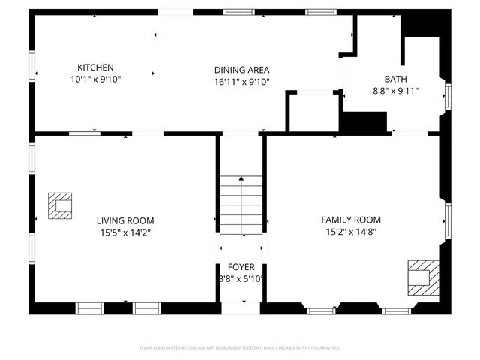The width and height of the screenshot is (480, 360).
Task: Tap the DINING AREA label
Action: tap(241, 70)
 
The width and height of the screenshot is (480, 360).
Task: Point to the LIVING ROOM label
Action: tap(124, 220)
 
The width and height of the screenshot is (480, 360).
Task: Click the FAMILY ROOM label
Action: tap(350, 220)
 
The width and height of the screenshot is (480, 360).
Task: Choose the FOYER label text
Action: tap(241, 266)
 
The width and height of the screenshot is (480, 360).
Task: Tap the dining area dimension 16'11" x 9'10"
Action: tap(241, 82)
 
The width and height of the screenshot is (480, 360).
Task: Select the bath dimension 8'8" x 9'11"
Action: tap(395, 91)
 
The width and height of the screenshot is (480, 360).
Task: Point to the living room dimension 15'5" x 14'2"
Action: tap(124, 232)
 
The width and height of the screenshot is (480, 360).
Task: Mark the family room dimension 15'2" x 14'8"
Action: tap(350, 232)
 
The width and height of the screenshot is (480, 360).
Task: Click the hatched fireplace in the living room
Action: tap(60, 205)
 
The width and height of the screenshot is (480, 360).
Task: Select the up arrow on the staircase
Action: tap(241, 180)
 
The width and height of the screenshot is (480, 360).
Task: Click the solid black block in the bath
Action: tap(364, 121)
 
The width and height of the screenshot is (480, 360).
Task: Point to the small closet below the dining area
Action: tap(313, 111)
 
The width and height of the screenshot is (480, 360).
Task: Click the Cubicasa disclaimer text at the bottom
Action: tap(240, 348)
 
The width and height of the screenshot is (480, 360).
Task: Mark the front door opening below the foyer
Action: tap(241, 303)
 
